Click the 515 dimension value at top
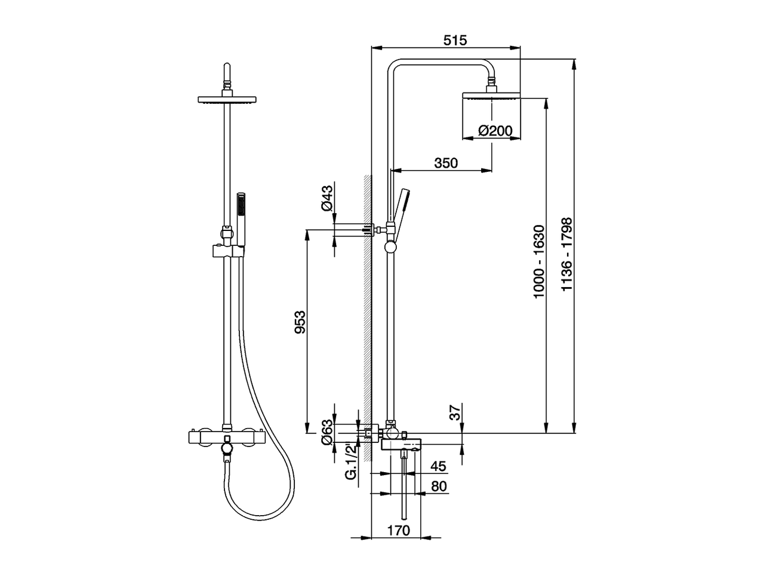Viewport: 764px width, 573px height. click(455, 40)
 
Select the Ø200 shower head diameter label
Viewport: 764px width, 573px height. click(495, 131)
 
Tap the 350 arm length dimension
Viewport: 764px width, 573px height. click(446, 163)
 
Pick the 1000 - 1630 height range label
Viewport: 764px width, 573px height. click(539, 261)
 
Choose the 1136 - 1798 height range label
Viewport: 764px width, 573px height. click(566, 254)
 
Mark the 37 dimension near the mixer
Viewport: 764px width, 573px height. click(455, 412)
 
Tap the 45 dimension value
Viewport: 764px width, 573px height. click(438, 466)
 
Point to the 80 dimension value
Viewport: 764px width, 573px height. click(439, 486)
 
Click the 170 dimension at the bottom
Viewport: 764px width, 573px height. click(398, 529)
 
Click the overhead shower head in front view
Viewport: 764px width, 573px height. click(226, 100)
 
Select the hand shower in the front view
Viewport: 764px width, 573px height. click(241, 218)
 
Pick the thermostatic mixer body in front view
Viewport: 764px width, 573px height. click(226, 438)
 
